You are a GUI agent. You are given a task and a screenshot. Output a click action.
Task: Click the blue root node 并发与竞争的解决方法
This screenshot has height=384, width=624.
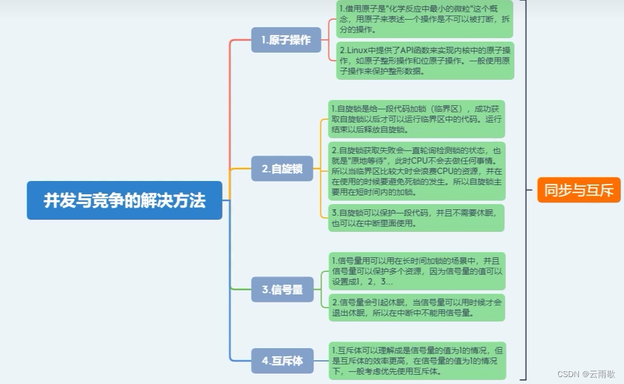coord(124,200)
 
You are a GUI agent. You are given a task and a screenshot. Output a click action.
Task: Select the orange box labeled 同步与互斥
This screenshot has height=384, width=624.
coord(579,190)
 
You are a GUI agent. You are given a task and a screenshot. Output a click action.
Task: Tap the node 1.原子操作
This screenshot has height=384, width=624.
coord(286,40)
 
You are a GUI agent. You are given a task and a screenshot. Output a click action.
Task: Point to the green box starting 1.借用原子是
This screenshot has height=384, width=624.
coord(424,19)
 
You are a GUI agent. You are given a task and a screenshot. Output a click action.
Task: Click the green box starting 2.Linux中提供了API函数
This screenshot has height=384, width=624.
coord(425,61)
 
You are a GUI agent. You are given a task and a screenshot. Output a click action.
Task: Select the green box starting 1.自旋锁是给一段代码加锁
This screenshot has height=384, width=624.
coord(416,119)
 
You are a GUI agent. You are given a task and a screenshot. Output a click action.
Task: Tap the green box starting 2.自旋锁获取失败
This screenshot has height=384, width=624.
coord(416,171)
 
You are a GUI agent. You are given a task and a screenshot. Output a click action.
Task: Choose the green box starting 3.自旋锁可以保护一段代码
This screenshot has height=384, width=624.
coord(416,218)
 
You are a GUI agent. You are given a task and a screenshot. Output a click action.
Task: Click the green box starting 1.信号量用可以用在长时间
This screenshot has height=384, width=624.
coord(416,271)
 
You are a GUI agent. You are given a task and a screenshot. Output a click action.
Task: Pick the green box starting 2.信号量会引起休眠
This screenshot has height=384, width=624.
coord(416,308)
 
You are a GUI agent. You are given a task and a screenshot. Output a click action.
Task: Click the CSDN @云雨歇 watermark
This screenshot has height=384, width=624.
coord(586,374)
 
